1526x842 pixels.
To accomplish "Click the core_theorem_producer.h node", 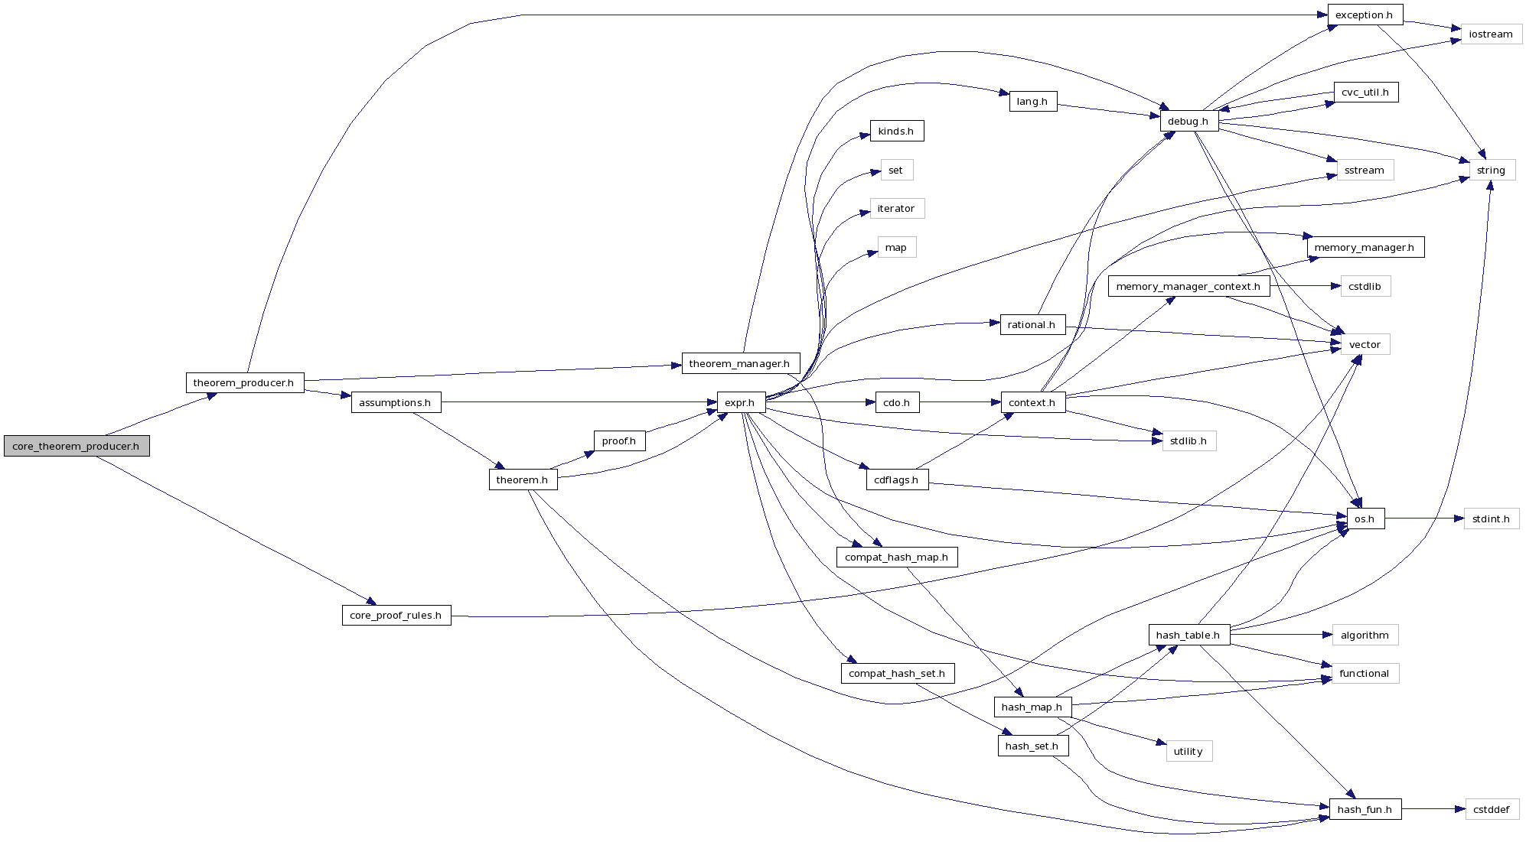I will pyautogui.click(x=77, y=446).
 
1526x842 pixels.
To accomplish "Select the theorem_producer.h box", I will pyautogui.click(x=244, y=382).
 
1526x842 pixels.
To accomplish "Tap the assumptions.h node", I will pyautogui.click(x=396, y=402).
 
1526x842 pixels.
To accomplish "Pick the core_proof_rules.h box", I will pyautogui.click(x=396, y=615).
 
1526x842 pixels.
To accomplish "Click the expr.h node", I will pyautogui.click(x=740, y=402).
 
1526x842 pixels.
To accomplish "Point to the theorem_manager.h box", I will pyautogui.click(x=740, y=363).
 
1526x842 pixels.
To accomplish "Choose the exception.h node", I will pyautogui.click(x=1365, y=15).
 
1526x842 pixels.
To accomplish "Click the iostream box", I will pyautogui.click(x=1491, y=34).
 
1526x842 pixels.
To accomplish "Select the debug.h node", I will pyautogui.click(x=1189, y=121).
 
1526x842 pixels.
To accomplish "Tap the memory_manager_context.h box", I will pyautogui.click(x=1189, y=286).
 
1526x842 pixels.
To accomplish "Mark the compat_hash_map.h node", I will pyautogui.click(x=897, y=557).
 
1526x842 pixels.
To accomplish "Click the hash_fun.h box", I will pyautogui.click(x=1365, y=809).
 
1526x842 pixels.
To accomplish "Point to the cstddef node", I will pyautogui.click(x=1492, y=809).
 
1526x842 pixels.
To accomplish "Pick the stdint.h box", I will pyautogui.click(x=1491, y=519).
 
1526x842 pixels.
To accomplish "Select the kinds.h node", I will pyautogui.click(x=896, y=131).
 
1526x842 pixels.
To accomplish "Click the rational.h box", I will pyautogui.click(x=1032, y=324).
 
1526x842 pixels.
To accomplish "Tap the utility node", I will pyautogui.click(x=1189, y=751).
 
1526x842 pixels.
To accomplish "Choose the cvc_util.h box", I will pyautogui.click(x=1365, y=92).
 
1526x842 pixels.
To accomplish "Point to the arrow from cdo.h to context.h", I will pyautogui.click(x=960, y=402).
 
